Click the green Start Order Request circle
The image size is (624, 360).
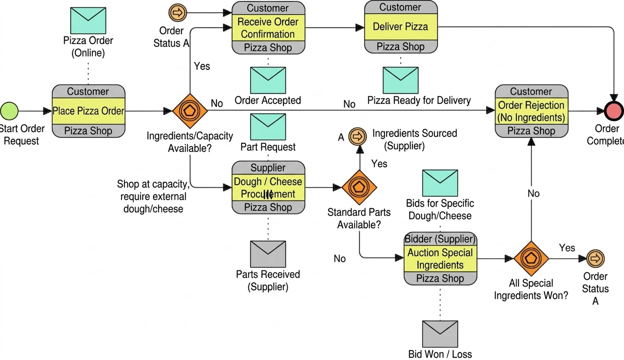tap(9, 111)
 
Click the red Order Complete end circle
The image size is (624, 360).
tap(614, 111)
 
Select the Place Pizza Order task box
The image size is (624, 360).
tap(88, 111)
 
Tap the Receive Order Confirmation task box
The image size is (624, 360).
tap(268, 28)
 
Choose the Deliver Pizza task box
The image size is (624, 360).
tap(401, 27)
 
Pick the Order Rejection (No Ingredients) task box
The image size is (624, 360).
tap(531, 111)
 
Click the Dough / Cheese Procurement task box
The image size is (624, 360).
tap(268, 187)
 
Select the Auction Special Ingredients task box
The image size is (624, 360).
tap(440, 259)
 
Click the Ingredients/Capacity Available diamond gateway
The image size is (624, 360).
tap(189, 111)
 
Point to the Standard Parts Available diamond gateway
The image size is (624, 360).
tap(359, 187)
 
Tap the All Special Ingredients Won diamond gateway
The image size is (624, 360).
tap(531, 259)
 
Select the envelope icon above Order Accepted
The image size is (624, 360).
tap(268, 80)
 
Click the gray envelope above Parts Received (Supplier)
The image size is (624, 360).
tap(268, 254)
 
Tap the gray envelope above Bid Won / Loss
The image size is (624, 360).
tap(440, 334)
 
